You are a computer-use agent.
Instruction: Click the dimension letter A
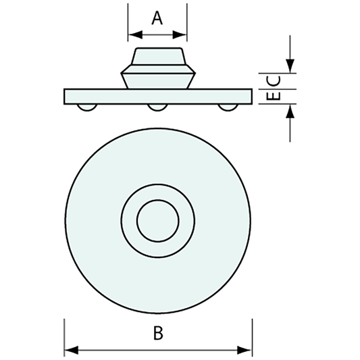[157, 18]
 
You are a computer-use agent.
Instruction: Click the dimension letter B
[158, 333]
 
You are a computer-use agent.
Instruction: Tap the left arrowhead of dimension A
[132, 33]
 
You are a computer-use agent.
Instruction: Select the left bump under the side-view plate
[86, 107]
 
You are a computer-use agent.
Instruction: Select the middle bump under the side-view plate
[157, 107]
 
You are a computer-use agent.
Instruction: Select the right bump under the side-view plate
[228, 107]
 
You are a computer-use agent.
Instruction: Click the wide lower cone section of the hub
[157, 76]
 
